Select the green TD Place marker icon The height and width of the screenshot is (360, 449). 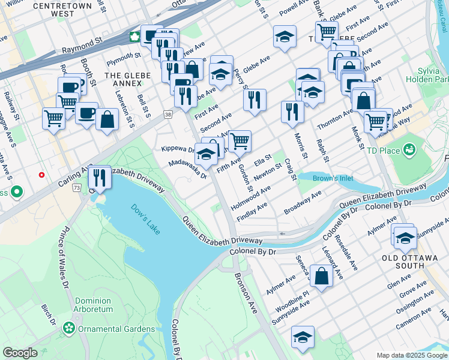pos(411,148)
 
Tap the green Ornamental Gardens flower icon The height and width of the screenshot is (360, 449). pos(70,328)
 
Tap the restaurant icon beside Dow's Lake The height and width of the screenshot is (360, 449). pos(100,178)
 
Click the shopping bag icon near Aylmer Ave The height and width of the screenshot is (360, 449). pos(322,277)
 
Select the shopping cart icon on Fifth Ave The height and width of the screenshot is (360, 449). pos(240,141)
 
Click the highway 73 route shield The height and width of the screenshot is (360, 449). pos(76,188)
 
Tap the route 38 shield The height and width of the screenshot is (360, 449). pos(167,113)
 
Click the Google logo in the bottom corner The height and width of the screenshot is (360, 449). pos(20,353)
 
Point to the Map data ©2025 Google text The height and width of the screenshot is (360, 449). pos(412,355)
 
